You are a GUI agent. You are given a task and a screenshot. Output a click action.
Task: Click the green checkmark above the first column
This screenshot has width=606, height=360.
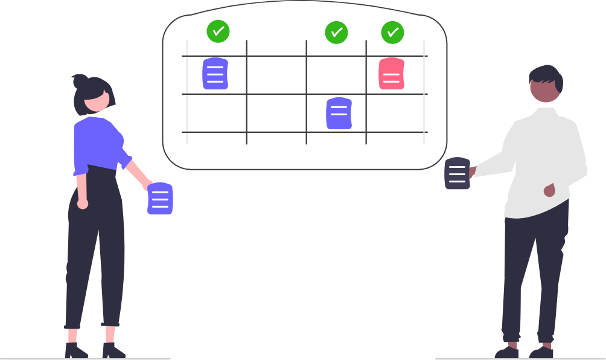tap(218, 31)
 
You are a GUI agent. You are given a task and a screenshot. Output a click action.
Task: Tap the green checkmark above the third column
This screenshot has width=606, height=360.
tap(336, 33)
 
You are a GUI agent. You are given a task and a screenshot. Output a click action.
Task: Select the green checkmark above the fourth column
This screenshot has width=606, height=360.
tap(392, 33)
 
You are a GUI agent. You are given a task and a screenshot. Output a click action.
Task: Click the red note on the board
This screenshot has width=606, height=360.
tap(391, 74)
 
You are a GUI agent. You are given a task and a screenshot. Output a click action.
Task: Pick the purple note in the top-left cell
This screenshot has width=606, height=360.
tap(215, 74)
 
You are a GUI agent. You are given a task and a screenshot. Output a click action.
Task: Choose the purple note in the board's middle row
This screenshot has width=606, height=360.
tap(339, 114)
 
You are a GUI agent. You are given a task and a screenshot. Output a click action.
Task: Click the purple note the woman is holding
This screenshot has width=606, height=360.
tap(160, 199)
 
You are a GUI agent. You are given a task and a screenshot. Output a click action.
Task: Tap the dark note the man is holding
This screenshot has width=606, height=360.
tap(457, 173)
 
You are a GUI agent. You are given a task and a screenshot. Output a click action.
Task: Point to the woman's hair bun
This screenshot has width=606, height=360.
tap(79, 80)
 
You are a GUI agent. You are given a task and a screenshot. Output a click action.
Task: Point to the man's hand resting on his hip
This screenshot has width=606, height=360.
tap(549, 191)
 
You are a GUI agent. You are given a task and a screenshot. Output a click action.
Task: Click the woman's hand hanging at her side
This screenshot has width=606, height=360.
tap(83, 204)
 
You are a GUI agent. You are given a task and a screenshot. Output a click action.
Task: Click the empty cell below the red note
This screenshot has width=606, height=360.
tap(395, 113)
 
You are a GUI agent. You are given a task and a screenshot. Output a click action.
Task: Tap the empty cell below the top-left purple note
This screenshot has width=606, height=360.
tap(216, 113)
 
